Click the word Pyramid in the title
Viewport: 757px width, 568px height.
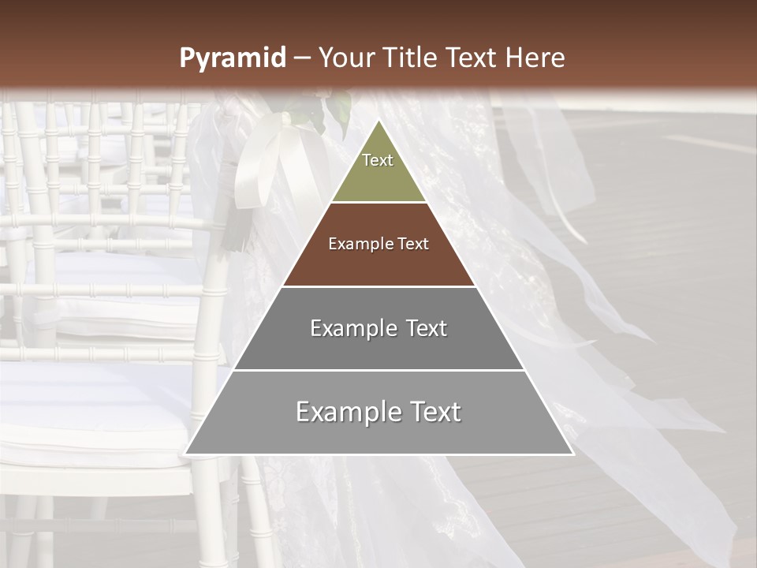pyautogui.click(x=233, y=58)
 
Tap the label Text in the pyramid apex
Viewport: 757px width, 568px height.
pyautogui.click(x=378, y=160)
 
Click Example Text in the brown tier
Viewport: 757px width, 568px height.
pyautogui.click(x=378, y=244)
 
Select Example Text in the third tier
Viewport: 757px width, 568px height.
pyautogui.click(x=378, y=328)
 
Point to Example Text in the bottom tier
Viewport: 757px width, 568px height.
pyautogui.click(x=378, y=412)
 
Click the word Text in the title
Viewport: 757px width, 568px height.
pyautogui.click(x=472, y=58)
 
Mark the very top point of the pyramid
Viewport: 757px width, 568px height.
pyautogui.click(x=378, y=121)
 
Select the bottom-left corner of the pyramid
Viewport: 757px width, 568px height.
pyautogui.click(x=185, y=454)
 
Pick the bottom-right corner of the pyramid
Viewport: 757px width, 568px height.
pyautogui.click(x=573, y=454)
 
